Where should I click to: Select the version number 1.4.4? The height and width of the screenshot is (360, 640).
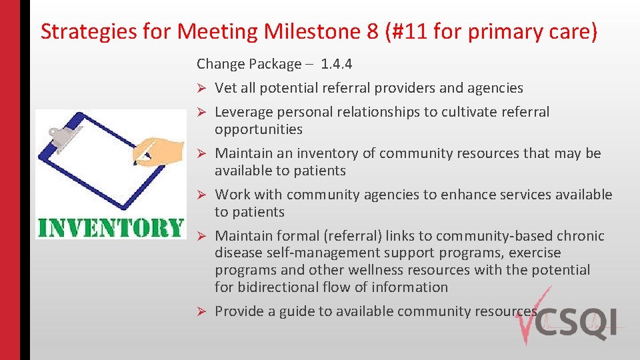[336, 64]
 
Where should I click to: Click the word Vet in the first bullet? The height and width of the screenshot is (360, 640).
[226, 88]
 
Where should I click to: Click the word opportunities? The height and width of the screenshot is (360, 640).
[259, 129]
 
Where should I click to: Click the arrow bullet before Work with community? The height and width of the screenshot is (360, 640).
[201, 195]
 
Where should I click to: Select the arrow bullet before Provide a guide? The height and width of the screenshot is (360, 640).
[201, 312]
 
